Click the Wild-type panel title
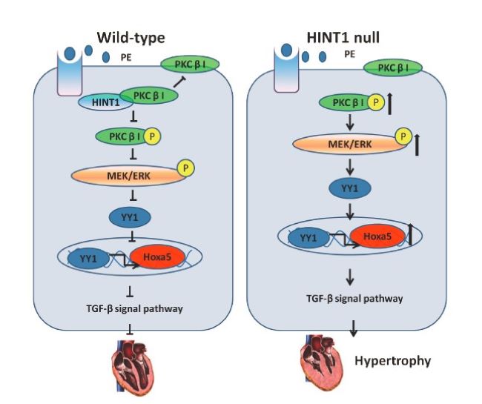[131, 38]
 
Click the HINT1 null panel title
[343, 38]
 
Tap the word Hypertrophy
[392, 361]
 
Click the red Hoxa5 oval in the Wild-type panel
[157, 256]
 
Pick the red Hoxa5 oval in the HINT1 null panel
[377, 236]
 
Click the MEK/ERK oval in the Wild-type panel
[128, 176]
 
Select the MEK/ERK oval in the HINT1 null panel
[350, 144]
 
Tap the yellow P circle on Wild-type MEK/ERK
[185, 168]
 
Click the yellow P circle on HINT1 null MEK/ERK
[403, 136]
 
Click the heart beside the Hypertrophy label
[322, 360]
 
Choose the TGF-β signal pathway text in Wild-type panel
[135, 309]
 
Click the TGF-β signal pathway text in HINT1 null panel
[354, 299]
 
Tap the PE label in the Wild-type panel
[126, 58]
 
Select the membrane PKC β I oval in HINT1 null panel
[393, 68]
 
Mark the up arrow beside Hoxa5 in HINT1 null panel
[410, 234]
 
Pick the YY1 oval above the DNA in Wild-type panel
[130, 217]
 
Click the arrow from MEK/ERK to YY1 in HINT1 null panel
[350, 167]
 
